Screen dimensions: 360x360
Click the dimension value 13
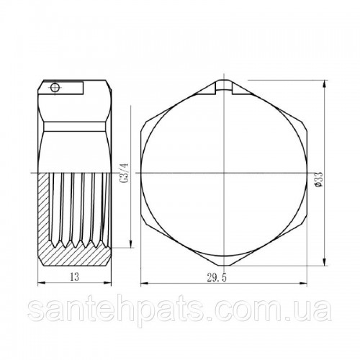pos(74,277)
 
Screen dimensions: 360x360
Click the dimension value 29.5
pos(217,278)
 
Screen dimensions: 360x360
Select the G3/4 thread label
pos(125,173)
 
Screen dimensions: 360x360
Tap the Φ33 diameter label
pos(320,179)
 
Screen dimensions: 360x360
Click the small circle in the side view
pos(55,87)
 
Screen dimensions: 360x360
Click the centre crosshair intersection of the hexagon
pos(224,173)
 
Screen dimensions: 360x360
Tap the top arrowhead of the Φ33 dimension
pos(325,84)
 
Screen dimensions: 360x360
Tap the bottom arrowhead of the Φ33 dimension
pos(325,261)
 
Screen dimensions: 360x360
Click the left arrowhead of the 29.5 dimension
pos(145,284)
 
